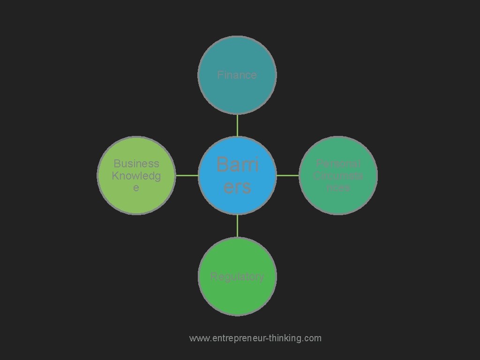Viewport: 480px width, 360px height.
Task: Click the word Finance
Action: [237, 75]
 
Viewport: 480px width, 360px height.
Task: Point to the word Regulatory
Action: [237, 277]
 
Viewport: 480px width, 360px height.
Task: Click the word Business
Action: [136, 164]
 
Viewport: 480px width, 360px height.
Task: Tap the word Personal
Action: [338, 164]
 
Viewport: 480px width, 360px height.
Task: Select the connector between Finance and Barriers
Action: [237, 125]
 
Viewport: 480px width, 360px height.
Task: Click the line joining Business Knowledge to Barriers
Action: [187, 175]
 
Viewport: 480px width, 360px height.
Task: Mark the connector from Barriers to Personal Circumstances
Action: [287, 175]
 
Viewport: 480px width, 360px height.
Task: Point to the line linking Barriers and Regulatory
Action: [237, 226]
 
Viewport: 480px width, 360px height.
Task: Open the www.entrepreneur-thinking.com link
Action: [255, 338]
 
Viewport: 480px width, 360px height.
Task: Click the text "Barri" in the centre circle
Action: [237, 165]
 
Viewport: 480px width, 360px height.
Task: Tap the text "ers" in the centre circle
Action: [237, 187]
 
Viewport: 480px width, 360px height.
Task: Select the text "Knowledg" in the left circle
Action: [136, 176]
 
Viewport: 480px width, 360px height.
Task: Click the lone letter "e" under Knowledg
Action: [136, 188]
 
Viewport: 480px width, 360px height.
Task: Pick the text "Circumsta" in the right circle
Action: [338, 176]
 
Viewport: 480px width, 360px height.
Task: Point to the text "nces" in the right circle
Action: [338, 187]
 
